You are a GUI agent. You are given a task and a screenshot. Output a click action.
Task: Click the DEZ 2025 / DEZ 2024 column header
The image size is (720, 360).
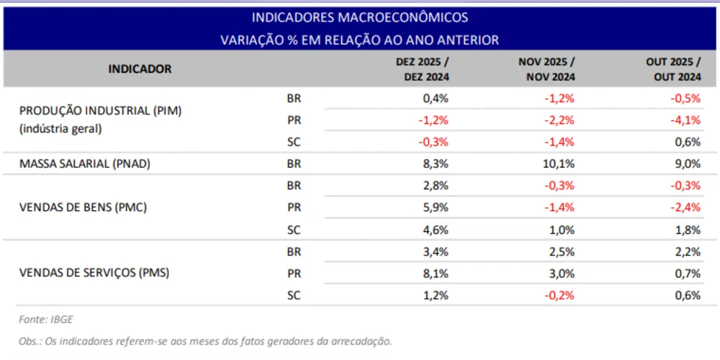(422, 69)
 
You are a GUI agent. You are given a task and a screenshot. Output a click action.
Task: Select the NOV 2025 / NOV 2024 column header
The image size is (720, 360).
(546, 69)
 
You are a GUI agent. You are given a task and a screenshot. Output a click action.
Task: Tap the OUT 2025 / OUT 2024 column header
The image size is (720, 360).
(673, 69)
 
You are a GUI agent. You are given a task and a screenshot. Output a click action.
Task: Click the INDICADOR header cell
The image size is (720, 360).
(140, 69)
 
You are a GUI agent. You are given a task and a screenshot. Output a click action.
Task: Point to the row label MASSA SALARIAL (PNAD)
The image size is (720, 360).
(85, 163)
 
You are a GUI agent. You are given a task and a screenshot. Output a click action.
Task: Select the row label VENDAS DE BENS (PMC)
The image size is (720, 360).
(83, 207)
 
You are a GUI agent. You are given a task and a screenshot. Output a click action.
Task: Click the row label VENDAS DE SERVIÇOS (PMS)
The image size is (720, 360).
(95, 273)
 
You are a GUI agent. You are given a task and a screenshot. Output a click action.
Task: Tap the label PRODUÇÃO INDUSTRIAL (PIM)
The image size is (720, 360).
(101, 112)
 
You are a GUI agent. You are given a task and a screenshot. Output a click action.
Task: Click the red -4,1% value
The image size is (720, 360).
(685, 120)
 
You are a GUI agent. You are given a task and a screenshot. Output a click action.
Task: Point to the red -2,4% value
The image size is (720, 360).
(685, 207)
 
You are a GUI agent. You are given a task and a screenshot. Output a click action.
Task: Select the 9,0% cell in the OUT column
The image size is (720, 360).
(688, 163)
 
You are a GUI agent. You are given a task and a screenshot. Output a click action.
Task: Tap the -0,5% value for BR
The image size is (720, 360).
(685, 98)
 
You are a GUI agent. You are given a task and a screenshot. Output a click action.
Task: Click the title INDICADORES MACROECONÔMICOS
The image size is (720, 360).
(359, 17)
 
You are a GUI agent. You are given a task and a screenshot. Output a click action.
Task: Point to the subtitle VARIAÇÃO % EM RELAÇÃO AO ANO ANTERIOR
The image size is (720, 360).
(359, 40)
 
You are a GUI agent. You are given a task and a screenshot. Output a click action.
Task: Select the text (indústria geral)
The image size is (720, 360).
(60, 129)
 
